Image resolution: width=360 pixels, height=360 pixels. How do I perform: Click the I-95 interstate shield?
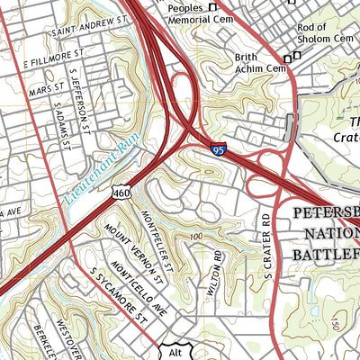pyautogui.click(x=219, y=150)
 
